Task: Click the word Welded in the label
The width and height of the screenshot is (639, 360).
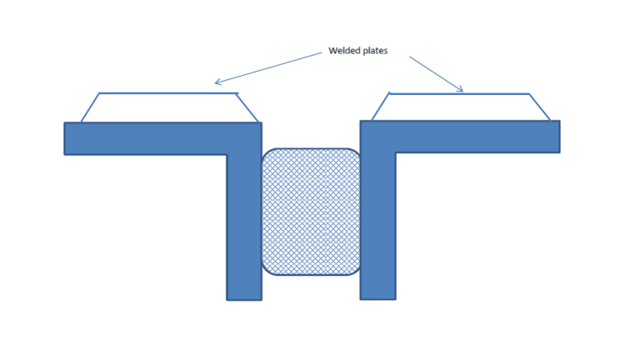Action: [x=345, y=51]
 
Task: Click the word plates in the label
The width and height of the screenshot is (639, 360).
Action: [x=375, y=51]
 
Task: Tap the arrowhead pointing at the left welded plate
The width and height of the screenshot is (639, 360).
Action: [x=217, y=81]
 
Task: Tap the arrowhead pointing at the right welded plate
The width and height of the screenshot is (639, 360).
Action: [x=462, y=90]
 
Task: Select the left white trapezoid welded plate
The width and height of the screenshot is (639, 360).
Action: [x=169, y=108]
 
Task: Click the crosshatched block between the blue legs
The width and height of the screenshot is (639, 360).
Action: [x=311, y=212]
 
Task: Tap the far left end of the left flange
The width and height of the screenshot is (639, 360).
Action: [x=67, y=138]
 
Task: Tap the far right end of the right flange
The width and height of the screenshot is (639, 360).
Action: [x=557, y=136]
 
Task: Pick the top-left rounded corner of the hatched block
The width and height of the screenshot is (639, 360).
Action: [x=268, y=154]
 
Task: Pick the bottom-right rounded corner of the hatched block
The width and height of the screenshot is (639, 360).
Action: [x=354, y=270]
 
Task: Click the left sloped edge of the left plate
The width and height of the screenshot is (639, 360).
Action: [x=89, y=108]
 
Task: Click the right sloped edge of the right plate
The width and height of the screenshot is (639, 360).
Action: [x=539, y=107]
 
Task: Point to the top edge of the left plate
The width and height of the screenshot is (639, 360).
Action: [x=168, y=93]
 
